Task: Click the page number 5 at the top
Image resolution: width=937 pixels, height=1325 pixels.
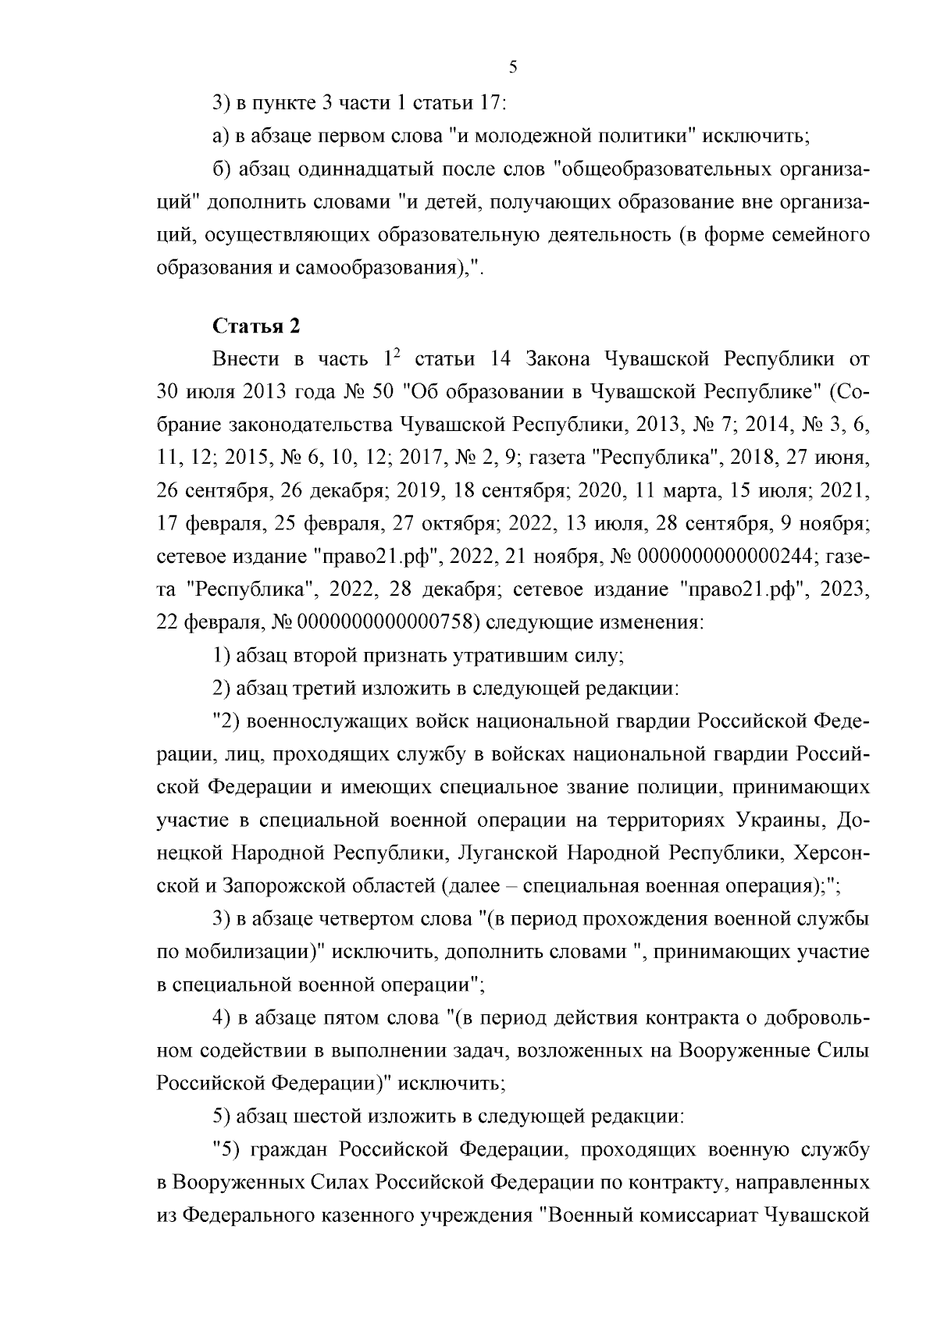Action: (x=513, y=67)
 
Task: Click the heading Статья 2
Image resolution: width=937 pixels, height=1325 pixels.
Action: (x=256, y=326)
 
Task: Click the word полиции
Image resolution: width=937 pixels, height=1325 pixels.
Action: (x=679, y=786)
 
